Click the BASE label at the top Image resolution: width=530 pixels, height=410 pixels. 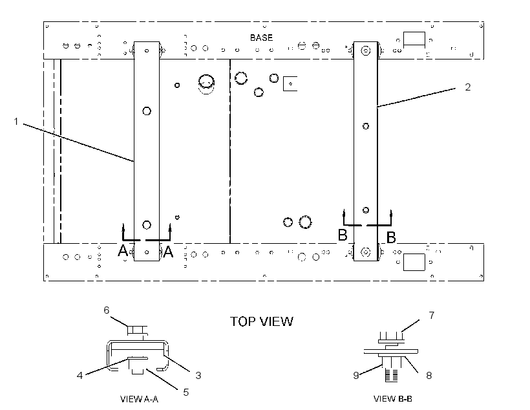(261, 38)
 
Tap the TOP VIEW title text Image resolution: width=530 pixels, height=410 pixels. (262, 321)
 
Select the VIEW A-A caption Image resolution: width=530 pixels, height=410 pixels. (139, 399)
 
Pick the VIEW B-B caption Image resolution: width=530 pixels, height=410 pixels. (393, 399)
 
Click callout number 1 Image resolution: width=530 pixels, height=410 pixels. (16, 121)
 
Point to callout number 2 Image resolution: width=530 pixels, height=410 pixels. (468, 87)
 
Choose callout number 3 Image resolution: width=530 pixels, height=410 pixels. (198, 375)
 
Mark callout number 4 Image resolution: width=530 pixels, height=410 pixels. (79, 376)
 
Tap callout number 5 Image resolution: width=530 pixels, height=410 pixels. (186, 392)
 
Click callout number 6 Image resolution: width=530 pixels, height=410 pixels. (107, 310)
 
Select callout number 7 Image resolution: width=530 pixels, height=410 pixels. (432, 316)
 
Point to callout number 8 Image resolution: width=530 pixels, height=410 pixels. (429, 376)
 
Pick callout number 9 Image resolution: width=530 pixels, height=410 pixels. (356, 376)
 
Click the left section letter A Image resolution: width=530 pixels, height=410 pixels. (123, 251)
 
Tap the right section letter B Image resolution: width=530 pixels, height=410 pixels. (391, 237)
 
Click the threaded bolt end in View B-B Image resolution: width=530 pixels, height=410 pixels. (392, 375)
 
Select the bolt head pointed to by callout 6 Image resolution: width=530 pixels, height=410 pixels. (137, 330)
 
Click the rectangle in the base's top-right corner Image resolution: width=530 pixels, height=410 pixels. (414, 39)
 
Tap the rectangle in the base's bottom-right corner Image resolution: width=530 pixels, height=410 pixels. (414, 262)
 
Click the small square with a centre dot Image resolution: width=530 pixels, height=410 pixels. (290, 83)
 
